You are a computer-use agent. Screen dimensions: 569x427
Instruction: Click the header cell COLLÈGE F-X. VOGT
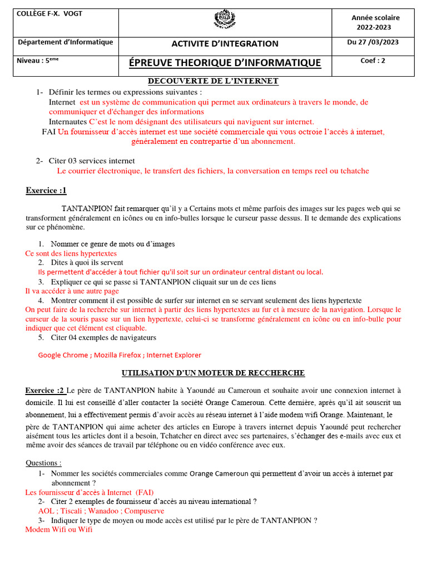tap(50, 14)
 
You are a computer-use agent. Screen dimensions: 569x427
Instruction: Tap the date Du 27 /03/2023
tap(373, 42)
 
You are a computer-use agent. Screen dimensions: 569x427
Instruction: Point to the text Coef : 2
tap(373, 61)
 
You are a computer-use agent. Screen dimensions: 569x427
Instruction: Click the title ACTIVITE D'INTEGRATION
tap(225, 43)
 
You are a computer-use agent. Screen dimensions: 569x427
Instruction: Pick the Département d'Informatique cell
tap(66, 42)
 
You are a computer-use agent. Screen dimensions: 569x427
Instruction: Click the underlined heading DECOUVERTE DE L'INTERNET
tap(213, 81)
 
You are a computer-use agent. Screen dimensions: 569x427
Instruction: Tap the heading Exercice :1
tap(46, 191)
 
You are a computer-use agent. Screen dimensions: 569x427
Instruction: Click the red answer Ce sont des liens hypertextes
tap(71, 253)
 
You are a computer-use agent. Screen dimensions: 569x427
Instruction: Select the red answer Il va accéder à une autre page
tap(72, 291)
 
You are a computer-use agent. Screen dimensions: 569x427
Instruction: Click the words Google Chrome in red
tap(63, 355)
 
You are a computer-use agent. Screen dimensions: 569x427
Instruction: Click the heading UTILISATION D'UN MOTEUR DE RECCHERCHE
tap(213, 373)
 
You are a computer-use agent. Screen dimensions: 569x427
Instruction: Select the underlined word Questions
tap(43, 463)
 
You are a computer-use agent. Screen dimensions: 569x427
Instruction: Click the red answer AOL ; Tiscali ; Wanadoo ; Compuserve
tap(101, 511)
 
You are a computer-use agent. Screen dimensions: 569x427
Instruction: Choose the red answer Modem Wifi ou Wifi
tap(59, 530)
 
